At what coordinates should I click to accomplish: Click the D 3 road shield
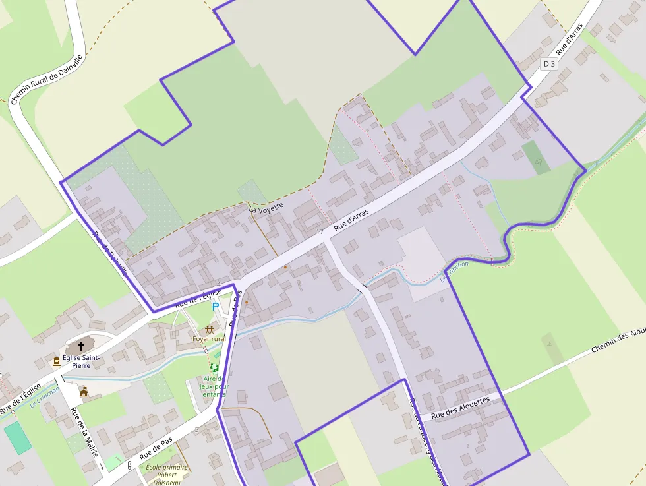coord(548,64)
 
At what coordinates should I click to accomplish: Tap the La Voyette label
coord(266,207)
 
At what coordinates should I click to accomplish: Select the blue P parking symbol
coord(215,307)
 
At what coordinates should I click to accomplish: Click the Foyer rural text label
coord(209,339)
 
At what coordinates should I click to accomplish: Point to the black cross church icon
coord(81,345)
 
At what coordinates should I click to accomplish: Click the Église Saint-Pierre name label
coord(81,361)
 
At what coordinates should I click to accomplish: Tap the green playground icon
coord(214,367)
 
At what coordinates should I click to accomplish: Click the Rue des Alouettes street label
coord(461,408)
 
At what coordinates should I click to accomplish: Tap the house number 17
coord(320,231)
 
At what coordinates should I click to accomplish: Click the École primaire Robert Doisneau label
coord(167,475)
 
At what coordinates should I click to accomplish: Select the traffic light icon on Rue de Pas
coord(129,466)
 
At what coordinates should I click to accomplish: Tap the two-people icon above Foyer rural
coord(210,329)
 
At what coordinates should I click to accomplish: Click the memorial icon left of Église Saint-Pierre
coord(57,361)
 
